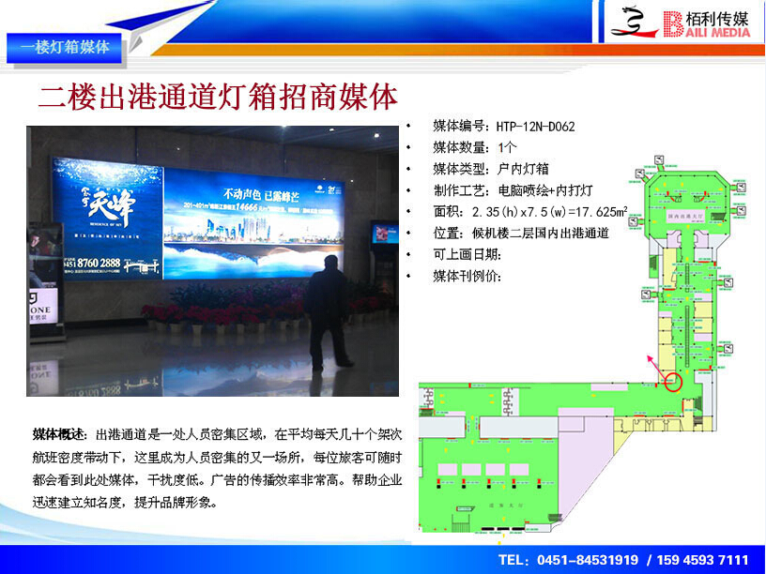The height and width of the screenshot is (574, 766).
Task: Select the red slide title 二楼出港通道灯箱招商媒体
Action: [218, 98]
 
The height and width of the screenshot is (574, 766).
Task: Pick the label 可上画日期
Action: [464, 255]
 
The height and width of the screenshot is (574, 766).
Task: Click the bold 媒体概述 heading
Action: [59, 435]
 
